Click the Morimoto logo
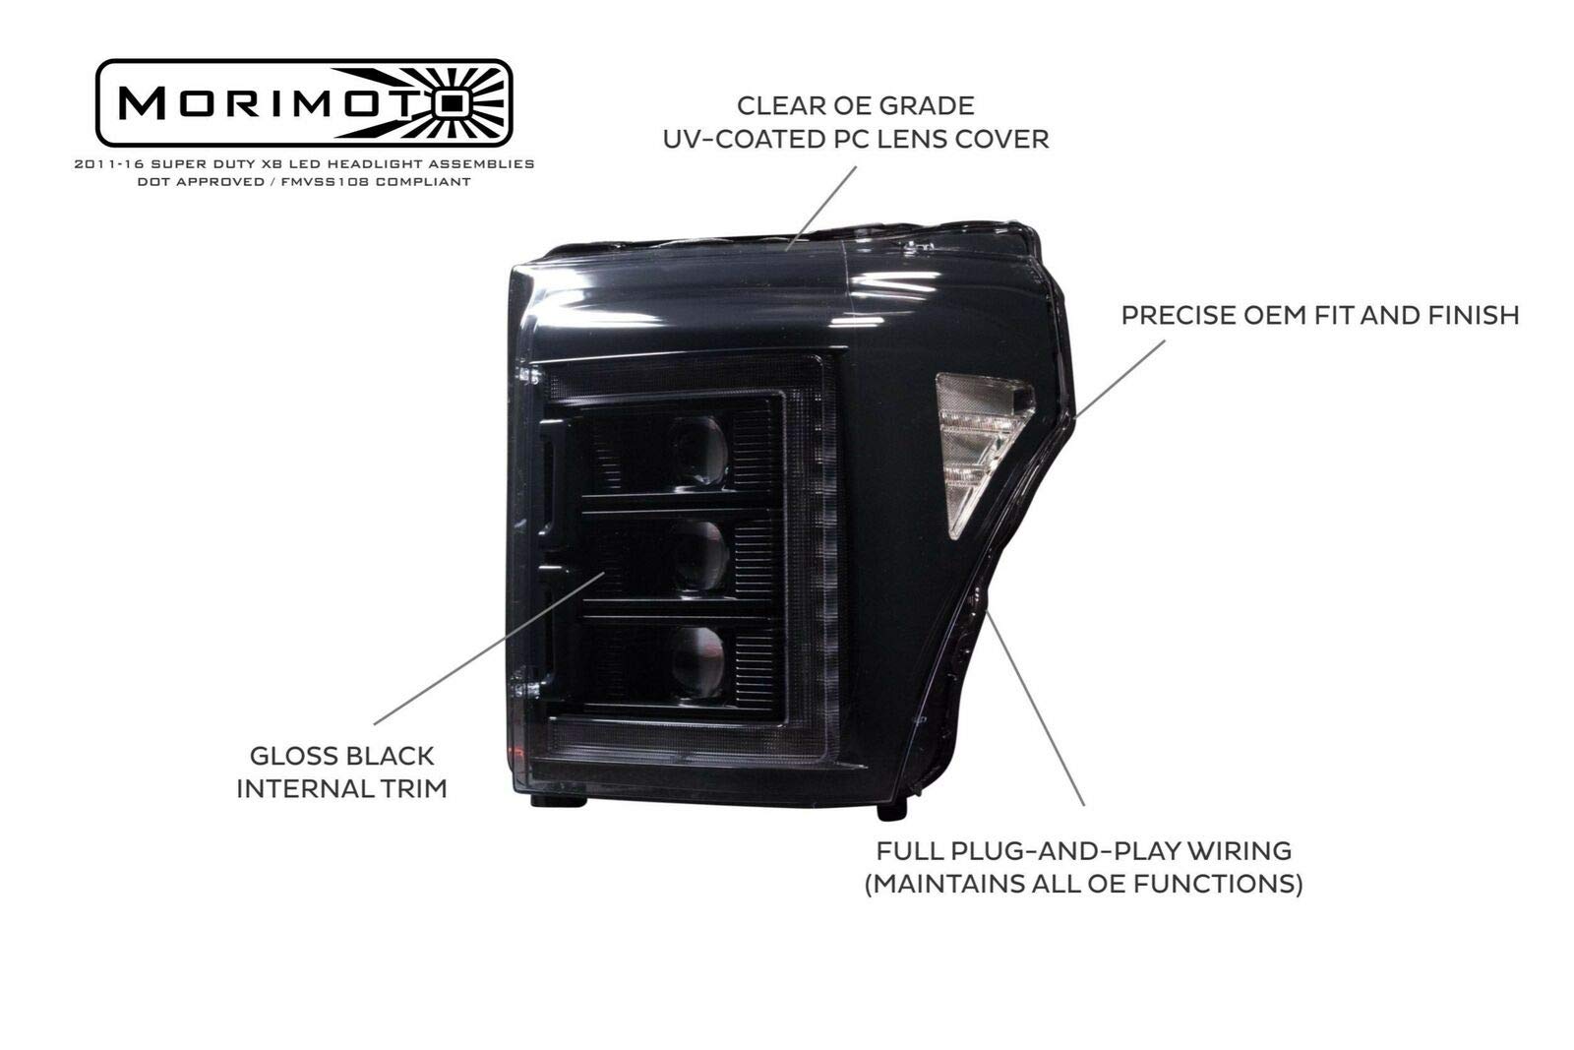pyautogui.click(x=303, y=102)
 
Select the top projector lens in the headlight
pyautogui.click(x=699, y=451)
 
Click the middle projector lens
pyautogui.click(x=699, y=555)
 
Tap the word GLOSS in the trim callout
pyautogui.click(x=287, y=756)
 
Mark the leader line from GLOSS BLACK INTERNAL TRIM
pyautogui.click(x=488, y=649)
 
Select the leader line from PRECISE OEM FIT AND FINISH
pyautogui.click(x=1121, y=378)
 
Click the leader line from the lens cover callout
pyautogui.click(x=821, y=201)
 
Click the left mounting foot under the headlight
pyautogui.click(x=558, y=801)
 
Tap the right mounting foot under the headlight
pyautogui.click(x=891, y=809)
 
